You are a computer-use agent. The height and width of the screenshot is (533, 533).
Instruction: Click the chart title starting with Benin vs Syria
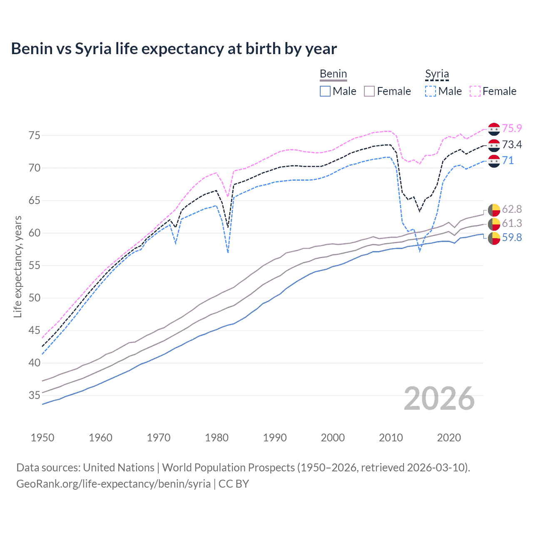[x=174, y=49]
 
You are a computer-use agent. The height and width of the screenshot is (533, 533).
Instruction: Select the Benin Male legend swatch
[x=325, y=91]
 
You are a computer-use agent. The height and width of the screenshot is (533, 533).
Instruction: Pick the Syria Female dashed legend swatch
[x=475, y=91]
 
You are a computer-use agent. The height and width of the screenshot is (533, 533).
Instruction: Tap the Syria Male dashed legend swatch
[x=431, y=91]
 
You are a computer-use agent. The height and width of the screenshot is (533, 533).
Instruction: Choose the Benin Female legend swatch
[x=369, y=91]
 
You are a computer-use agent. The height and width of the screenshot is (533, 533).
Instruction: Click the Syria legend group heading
[x=437, y=74]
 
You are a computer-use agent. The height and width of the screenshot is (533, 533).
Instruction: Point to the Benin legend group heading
[x=333, y=74]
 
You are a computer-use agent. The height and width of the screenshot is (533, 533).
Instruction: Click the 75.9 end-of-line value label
[x=512, y=129]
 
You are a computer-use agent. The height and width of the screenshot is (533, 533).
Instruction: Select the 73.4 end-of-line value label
[x=512, y=144]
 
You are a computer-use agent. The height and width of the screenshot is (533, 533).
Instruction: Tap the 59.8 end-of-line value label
[x=512, y=238]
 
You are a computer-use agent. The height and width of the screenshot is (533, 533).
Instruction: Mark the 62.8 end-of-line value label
[x=512, y=209]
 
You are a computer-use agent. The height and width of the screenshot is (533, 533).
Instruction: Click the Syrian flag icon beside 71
[x=494, y=161]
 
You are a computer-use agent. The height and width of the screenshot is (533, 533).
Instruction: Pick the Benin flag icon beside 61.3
[x=494, y=224]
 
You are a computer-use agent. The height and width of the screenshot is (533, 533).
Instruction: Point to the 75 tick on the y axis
[x=34, y=136]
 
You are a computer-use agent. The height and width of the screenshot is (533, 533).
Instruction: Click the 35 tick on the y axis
[x=34, y=396]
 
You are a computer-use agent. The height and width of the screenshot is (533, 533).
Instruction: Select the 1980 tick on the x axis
[x=217, y=438]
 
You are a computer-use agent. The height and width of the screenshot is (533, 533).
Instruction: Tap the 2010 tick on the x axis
[x=391, y=438]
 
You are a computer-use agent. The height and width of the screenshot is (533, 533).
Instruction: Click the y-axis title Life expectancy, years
[x=17, y=266]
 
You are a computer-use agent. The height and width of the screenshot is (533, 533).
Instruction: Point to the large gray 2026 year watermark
[x=439, y=399]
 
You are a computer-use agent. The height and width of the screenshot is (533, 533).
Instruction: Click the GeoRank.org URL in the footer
[x=113, y=484]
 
